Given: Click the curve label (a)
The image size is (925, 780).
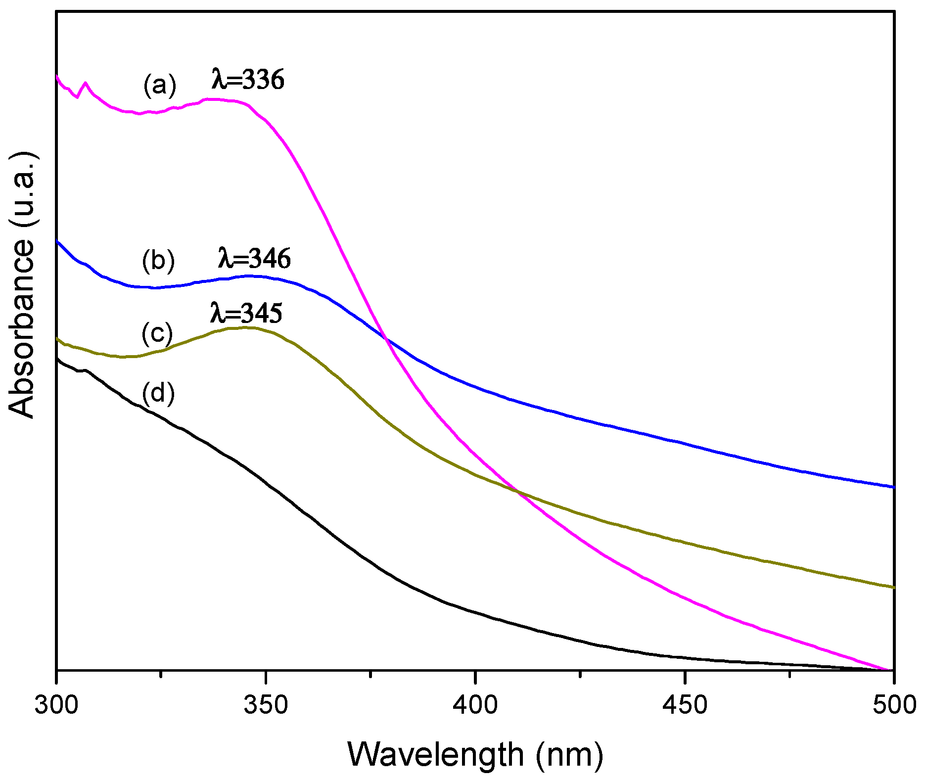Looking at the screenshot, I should pos(159,85).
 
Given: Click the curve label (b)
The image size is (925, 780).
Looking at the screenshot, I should pos(158,261).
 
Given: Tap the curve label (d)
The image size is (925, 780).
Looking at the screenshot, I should pos(158,394).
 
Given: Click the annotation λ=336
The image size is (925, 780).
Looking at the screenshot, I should pos(248,80).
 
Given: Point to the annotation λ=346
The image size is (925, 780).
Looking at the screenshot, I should pos(254,258).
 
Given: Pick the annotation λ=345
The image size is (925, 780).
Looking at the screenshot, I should pos(246,313).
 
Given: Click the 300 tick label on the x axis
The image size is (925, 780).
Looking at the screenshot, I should pos(56,704).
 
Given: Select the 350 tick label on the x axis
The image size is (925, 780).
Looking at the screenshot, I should pos(266,704).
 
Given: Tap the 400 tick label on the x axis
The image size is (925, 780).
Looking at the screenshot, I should pos(475,704).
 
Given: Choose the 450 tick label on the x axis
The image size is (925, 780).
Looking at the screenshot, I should pos(685,704).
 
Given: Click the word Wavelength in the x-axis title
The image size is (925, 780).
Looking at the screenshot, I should pos(436,754).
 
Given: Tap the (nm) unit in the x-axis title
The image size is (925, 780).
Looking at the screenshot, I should pos(569,754).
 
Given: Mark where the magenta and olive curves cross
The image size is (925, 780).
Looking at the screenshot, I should pos(517,492).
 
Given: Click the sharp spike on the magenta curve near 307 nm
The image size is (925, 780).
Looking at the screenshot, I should pos(86,83).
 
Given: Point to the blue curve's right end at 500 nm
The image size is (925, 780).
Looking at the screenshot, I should pos(893,487).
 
